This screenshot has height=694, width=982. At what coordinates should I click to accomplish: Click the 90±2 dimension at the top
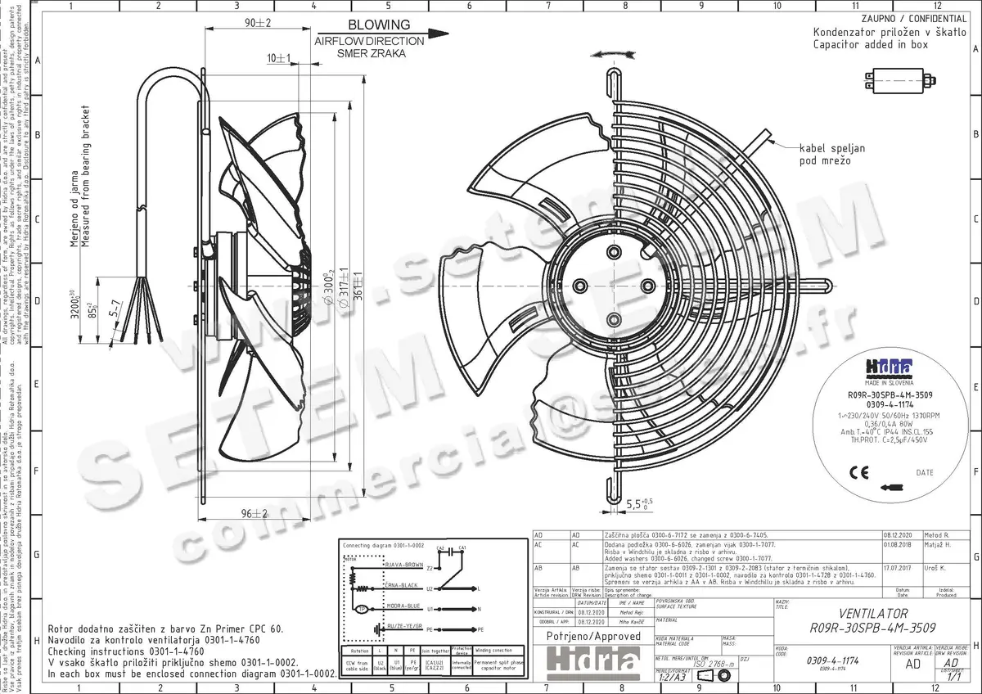[259, 22]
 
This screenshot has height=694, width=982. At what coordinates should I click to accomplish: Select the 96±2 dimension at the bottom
[255, 514]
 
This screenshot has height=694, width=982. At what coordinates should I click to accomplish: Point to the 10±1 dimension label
[279, 58]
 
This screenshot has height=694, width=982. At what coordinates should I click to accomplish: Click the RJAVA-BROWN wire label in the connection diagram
[403, 566]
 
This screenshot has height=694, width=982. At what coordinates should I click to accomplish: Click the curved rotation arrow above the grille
[613, 52]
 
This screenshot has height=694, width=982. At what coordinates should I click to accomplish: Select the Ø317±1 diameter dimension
[343, 286]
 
